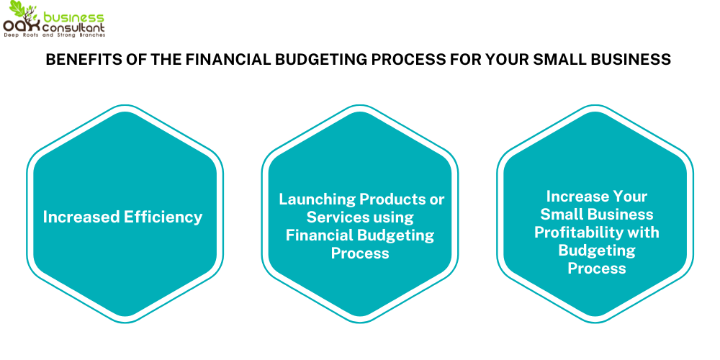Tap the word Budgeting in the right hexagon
(597, 251)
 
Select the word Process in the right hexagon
(597, 269)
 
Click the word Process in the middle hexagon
(360, 253)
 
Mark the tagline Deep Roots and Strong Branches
(54, 35)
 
